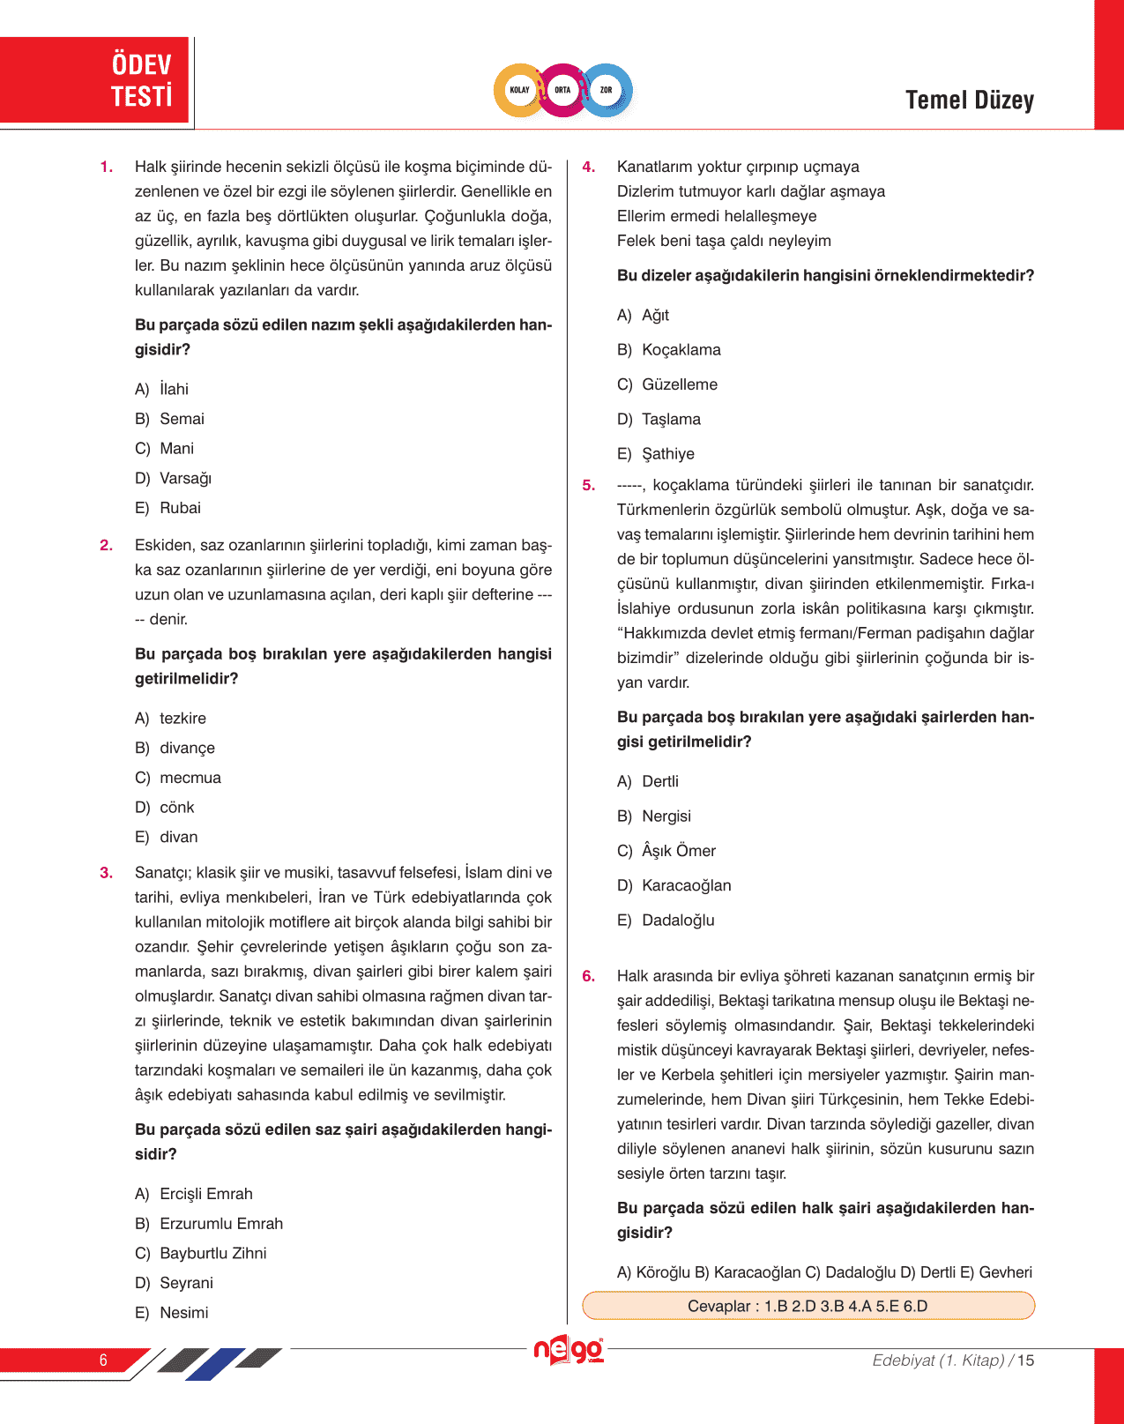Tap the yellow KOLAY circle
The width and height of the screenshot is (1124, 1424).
[519, 90]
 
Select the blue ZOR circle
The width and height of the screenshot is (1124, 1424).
[607, 90]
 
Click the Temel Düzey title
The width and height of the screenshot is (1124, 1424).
[969, 101]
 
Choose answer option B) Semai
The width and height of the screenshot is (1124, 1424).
[170, 419]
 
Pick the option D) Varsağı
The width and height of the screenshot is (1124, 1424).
[174, 478]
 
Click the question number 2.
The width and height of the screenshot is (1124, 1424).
[107, 545]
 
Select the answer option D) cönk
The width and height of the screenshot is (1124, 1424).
[165, 807]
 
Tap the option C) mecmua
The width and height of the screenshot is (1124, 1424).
[178, 778]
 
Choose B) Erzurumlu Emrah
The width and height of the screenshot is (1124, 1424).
[209, 1223]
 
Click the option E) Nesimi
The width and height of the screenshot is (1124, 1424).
[172, 1312]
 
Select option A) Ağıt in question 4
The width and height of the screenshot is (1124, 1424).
[644, 315]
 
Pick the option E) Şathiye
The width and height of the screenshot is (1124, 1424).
[656, 453]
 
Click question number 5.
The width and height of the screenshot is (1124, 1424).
[589, 485]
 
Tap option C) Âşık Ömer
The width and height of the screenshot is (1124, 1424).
[666, 850]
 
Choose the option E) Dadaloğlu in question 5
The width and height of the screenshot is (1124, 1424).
[666, 920]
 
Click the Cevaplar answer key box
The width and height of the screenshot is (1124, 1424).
[808, 1306]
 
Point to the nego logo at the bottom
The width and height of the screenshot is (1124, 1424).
[569, 1350]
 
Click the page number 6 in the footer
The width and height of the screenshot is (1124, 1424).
[103, 1360]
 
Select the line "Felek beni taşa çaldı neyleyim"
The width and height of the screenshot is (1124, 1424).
[724, 241]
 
